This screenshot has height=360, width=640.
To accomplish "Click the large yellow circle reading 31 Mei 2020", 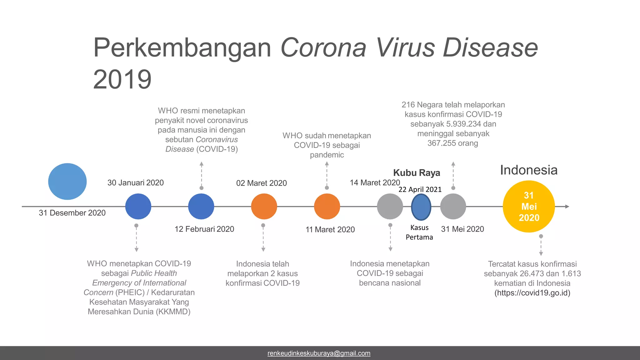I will (529, 207).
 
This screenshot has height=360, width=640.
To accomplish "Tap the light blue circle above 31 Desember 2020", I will (67, 181).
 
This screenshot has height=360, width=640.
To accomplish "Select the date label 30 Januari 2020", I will (135, 183).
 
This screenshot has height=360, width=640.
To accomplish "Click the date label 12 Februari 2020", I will (204, 229).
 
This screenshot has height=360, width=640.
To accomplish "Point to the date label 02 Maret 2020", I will (261, 183).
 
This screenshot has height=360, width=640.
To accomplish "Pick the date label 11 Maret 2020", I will (330, 230).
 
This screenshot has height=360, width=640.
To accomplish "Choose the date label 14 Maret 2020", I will (375, 182).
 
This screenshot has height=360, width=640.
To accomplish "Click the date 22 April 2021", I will (420, 189).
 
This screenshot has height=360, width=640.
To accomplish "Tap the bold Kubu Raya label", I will (417, 173).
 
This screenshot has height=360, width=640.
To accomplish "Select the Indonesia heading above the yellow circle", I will (529, 170).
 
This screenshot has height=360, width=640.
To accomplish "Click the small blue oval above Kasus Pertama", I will (421, 207).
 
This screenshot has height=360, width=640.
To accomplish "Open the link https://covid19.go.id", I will (532, 293).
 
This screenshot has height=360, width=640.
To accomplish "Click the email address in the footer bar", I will (319, 353).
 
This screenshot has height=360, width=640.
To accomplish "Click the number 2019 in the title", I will (122, 79).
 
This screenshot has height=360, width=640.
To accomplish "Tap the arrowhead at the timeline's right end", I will (567, 207).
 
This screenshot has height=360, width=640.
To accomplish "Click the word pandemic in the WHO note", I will (327, 155).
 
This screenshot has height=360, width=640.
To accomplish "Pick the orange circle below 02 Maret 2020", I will (264, 207).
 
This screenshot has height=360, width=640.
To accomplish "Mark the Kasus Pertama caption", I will (419, 232).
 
